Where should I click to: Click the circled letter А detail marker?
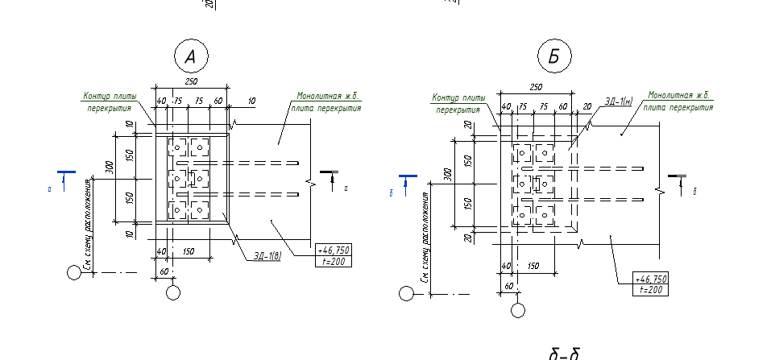pos(190,56)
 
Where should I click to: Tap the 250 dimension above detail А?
pos(191,81)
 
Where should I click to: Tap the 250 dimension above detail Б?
pos(535,87)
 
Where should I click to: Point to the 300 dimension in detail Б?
pos(447,174)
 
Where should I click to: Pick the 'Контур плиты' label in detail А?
pos(110,97)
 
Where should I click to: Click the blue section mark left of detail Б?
pos(408,176)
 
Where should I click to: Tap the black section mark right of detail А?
pos(330,173)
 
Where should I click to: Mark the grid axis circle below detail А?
pos(173,292)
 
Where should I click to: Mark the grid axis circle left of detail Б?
pos(406,293)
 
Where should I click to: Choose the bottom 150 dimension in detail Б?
pos(533,266)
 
